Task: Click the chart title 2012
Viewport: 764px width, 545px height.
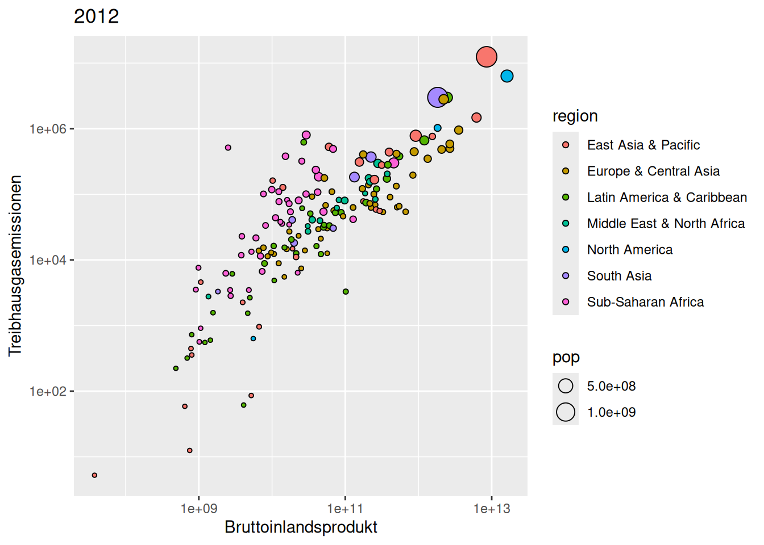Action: coord(97,16)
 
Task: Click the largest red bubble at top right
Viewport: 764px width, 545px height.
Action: coord(487,57)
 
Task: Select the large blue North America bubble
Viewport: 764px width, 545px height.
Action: coord(507,76)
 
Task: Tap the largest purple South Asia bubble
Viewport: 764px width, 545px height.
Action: coord(437,98)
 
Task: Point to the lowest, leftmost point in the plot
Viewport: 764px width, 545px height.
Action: coord(94,475)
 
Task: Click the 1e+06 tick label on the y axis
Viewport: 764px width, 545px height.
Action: coord(48,129)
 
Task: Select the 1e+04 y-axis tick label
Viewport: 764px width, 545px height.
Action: coord(48,261)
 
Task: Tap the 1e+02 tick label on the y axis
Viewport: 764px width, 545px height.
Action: coord(48,392)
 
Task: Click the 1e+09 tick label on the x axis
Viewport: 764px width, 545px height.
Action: coord(199,509)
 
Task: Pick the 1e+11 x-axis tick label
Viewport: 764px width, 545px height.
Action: coord(345,509)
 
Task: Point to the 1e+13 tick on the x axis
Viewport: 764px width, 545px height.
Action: coord(492,509)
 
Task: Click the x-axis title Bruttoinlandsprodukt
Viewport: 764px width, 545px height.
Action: coord(301,527)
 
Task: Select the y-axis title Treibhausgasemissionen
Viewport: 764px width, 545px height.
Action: coord(15,266)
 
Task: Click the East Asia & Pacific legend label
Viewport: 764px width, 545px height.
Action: coord(643,145)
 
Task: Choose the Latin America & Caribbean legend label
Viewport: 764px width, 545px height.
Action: coord(667,198)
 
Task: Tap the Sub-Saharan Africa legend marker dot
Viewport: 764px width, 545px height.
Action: coord(566,302)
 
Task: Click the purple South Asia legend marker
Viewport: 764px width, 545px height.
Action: coord(566,276)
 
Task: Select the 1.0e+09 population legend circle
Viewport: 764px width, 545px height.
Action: coord(566,412)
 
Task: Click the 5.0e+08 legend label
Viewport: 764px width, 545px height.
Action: coord(611,387)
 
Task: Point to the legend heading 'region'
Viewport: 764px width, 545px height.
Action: coord(575,116)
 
